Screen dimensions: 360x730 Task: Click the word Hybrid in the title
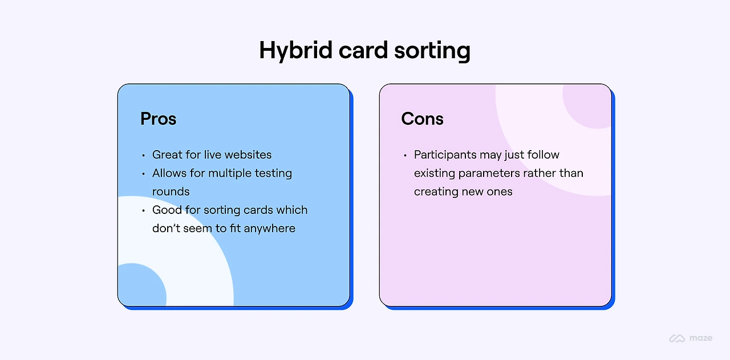point(293,51)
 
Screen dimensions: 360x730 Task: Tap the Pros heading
point(159,119)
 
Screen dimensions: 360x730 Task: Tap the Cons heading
point(422,119)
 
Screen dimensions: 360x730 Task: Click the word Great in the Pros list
point(167,155)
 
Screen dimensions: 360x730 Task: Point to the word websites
point(248,155)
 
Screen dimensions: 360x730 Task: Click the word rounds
point(171,191)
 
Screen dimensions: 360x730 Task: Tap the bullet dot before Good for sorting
point(143,211)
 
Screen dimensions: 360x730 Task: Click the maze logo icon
point(677,338)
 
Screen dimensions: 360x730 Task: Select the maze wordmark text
point(700,338)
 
